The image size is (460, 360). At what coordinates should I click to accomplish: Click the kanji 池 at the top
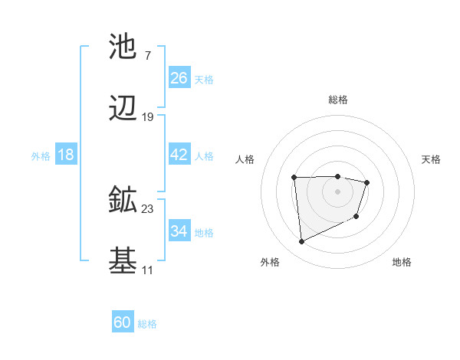[x=123, y=47]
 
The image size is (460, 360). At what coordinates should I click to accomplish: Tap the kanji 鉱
[x=123, y=201]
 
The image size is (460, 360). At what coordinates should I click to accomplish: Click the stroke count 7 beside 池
[x=147, y=55]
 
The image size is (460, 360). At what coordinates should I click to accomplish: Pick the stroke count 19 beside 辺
[x=147, y=117]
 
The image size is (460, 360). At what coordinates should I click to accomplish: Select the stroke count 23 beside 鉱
[x=147, y=208]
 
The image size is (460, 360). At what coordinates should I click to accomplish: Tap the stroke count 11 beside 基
[x=147, y=270]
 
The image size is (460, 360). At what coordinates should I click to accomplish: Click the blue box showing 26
[x=179, y=78]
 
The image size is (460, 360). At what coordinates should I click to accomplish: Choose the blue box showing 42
[x=179, y=155]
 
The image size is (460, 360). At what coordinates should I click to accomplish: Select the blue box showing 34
[x=179, y=231]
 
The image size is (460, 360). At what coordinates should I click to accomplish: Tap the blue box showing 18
[x=66, y=155]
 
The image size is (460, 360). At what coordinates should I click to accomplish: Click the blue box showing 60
[x=123, y=322]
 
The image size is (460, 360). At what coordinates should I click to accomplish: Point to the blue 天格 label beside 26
[x=204, y=79]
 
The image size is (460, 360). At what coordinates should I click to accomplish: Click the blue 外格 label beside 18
[x=41, y=155]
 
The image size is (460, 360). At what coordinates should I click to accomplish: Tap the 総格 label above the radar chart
[x=338, y=100]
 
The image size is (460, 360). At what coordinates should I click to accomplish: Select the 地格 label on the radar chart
[x=402, y=262]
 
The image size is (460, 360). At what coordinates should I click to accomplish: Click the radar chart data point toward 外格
[x=301, y=242]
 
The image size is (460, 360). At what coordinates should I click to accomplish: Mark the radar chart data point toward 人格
[x=294, y=178]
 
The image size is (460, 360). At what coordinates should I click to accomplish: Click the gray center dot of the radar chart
[x=337, y=191]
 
